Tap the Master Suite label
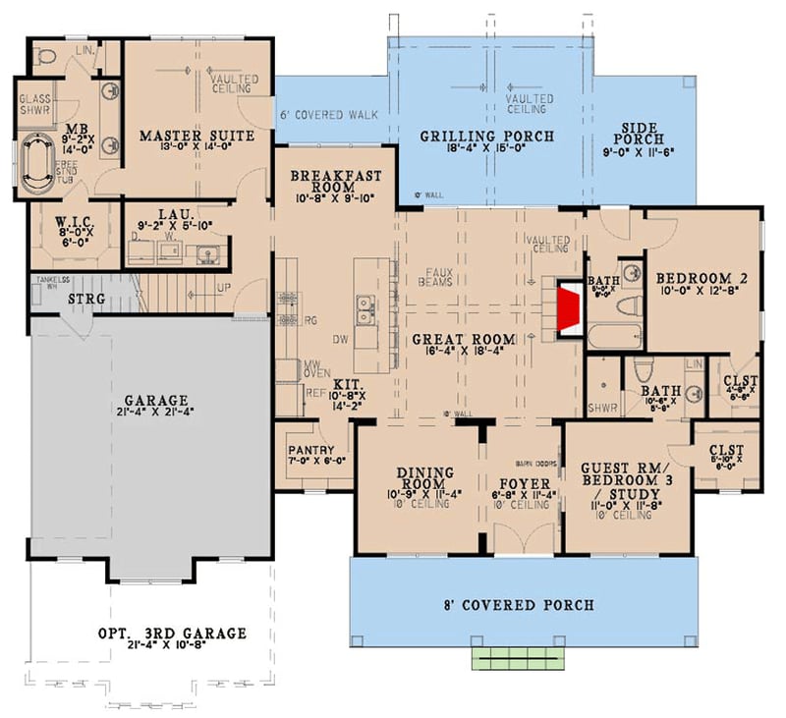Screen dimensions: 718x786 196,135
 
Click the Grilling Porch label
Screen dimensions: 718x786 487,136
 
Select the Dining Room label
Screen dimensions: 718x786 424,480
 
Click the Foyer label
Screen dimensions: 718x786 523,483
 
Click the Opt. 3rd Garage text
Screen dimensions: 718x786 171,633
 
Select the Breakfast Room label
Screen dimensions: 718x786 334,183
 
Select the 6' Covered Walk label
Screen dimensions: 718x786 328,115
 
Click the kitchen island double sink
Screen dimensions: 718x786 365,313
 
